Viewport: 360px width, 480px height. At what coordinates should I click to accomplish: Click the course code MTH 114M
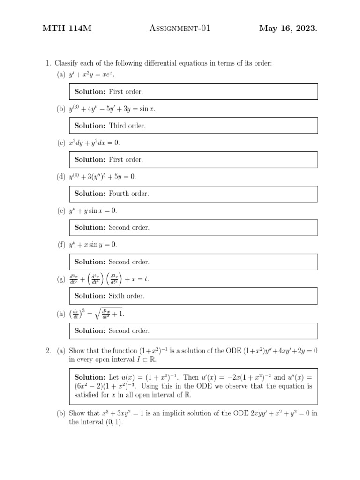[x=67, y=29]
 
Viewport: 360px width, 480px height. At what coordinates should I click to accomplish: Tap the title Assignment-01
[x=180, y=29]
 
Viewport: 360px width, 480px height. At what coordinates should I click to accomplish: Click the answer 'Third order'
[x=127, y=126]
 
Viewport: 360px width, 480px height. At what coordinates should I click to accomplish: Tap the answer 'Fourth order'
[x=129, y=194]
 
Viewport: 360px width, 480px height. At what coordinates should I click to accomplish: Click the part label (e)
[x=61, y=211]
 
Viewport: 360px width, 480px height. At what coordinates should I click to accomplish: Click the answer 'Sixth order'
[x=127, y=296]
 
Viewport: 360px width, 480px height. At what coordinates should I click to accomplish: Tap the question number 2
[x=48, y=351]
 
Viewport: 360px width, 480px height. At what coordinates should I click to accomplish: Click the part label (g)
[x=61, y=279]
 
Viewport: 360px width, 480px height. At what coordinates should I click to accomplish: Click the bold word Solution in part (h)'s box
[x=90, y=330]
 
